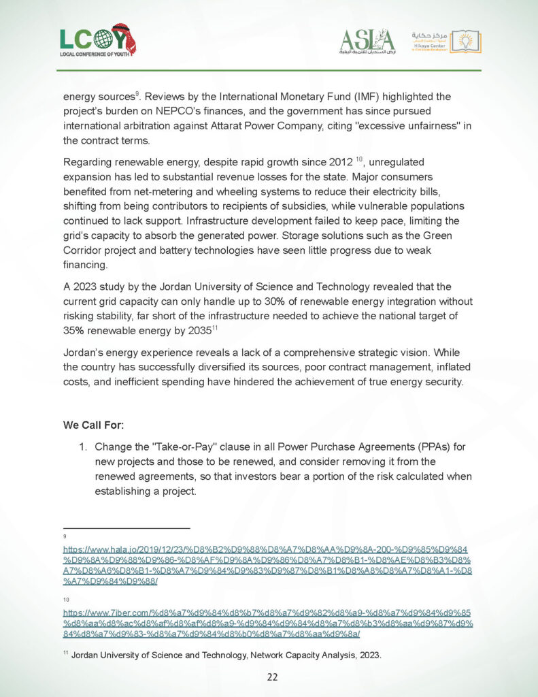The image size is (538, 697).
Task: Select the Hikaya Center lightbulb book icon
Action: [466, 41]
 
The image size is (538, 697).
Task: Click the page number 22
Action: [271, 677]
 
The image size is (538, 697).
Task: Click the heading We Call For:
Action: [93, 425]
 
